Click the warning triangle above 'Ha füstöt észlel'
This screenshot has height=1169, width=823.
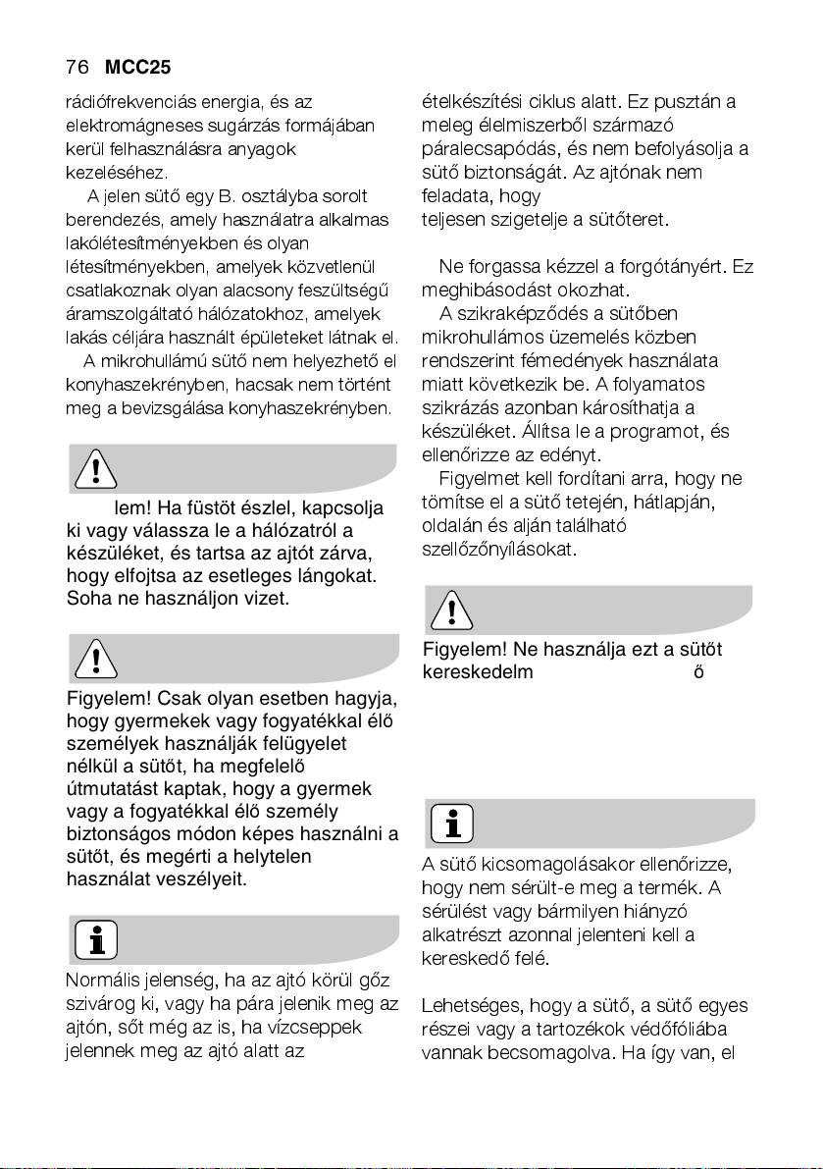95,470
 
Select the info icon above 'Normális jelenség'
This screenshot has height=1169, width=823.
95,939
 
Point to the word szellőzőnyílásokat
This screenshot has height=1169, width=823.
486,549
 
